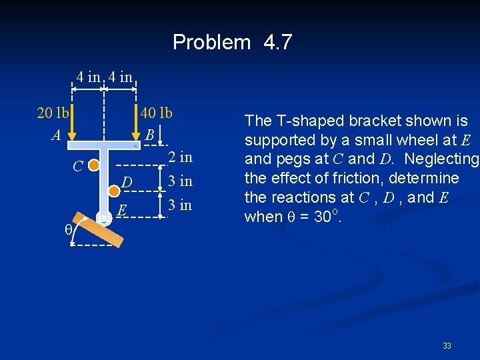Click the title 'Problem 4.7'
tap(232, 43)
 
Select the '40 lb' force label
tap(156, 113)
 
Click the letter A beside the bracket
tap(57, 135)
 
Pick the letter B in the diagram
tap(150, 135)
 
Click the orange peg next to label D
tap(113, 191)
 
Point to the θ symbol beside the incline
tap(67, 229)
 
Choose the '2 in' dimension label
tap(180, 157)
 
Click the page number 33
tap(447, 346)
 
